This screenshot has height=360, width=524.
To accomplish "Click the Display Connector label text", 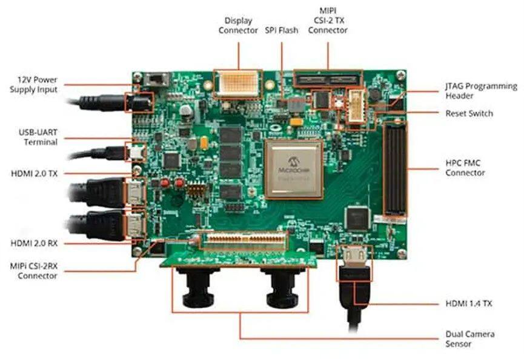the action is pos(238,25).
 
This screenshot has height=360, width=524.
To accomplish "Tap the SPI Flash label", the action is pos(281,30).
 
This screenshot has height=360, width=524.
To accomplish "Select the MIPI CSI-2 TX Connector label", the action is pos(328,21).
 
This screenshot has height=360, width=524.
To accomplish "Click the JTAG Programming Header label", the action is pos(481,91).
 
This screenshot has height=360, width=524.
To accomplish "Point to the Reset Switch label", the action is pos(469,113).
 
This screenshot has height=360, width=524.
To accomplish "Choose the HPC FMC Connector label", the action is pos(465,168).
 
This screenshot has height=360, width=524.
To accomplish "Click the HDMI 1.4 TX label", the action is pos(468,304).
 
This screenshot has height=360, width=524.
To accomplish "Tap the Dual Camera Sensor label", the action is pos(470,339).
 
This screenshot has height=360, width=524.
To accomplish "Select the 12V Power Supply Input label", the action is pos(33,85).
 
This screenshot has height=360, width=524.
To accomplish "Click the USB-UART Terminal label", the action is pos(38,137).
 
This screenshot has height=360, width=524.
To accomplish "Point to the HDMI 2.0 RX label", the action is pos(34,243).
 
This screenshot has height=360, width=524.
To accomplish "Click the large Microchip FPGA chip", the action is pos(294,169).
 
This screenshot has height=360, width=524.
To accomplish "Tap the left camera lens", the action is pos(198,287).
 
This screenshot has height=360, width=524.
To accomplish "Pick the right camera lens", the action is pos(282,287).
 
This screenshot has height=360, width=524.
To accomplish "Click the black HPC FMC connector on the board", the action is pos(396,169).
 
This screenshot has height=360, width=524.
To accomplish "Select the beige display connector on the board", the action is pos(238,84).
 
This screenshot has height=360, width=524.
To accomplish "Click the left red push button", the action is pos(165,183).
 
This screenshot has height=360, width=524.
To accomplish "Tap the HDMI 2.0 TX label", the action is pos(34,173).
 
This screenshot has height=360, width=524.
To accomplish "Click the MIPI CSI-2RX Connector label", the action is pos(34,271).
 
